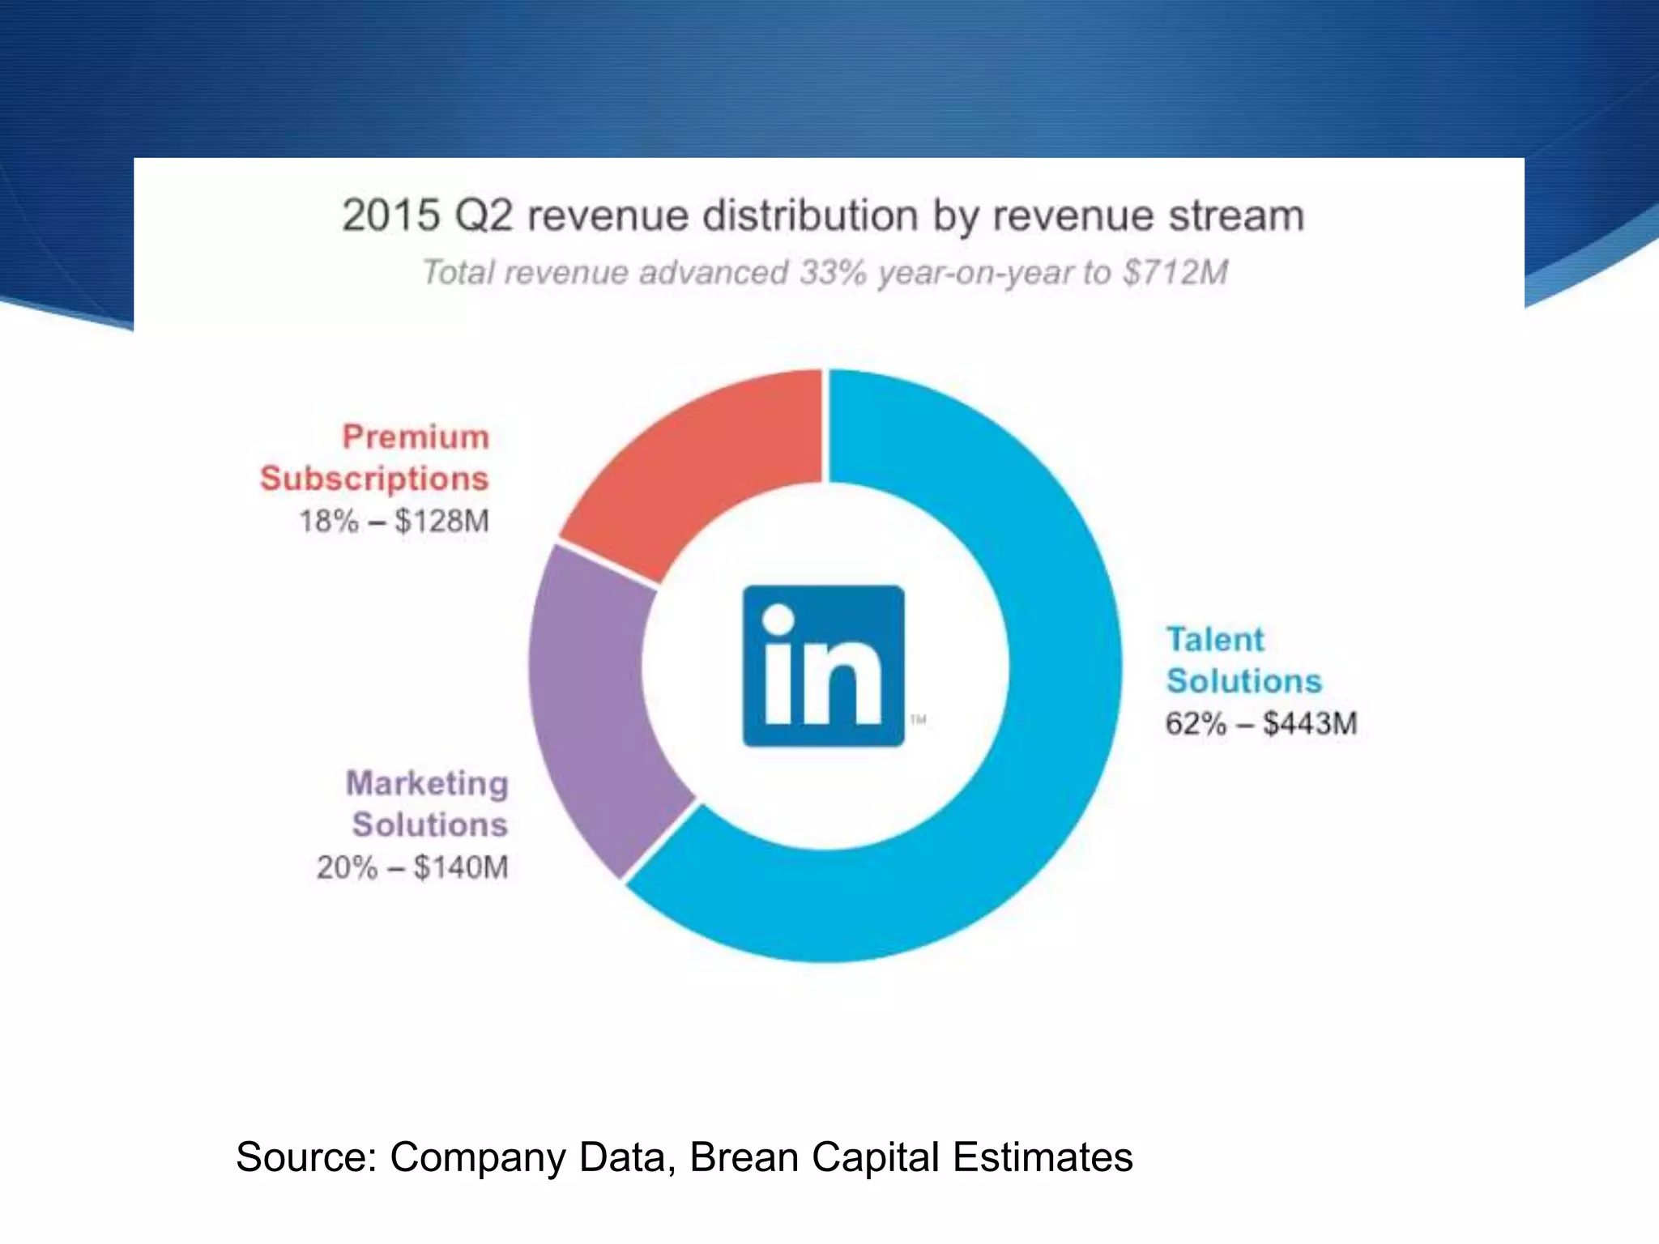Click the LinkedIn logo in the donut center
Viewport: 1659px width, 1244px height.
tap(823, 666)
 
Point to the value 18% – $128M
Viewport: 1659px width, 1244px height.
tap(394, 521)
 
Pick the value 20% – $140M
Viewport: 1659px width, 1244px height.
tap(412, 867)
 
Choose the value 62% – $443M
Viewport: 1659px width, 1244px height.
tap(1261, 723)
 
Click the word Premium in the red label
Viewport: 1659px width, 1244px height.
tap(416, 437)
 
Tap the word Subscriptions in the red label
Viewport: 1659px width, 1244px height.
tap(374, 479)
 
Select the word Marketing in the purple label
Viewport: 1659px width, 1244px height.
tap(427, 783)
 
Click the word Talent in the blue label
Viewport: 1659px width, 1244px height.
tap(1215, 640)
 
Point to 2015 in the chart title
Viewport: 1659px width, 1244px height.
tap(390, 216)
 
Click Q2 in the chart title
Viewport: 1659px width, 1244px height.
tap(484, 216)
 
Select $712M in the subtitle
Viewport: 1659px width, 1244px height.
tap(1175, 272)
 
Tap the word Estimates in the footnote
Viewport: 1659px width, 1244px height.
tap(1043, 1157)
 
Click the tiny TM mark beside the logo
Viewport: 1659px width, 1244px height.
tap(919, 719)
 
